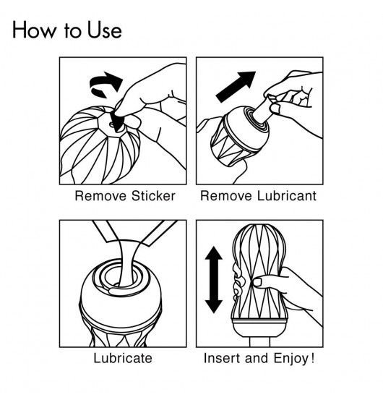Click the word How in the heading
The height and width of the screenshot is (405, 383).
point(34,30)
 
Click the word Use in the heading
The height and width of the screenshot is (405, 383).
point(105,30)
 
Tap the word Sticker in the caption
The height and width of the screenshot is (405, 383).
point(153,196)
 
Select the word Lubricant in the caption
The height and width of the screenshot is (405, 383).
point(287,195)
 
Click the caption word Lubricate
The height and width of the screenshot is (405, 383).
point(123,358)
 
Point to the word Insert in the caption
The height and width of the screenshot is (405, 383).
point(223,358)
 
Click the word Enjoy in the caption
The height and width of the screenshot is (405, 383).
point(291,359)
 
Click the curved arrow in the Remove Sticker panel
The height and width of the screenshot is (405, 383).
point(105,84)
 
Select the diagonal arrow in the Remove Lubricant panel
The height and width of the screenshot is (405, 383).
point(236,87)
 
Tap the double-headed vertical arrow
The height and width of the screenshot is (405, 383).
point(214,280)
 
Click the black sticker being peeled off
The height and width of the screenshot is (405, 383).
point(116,120)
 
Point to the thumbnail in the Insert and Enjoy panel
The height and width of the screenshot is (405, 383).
point(257,282)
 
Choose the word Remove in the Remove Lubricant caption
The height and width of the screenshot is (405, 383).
point(225,195)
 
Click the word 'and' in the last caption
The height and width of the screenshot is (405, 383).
point(257,358)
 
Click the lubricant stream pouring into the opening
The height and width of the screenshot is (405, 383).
point(127,263)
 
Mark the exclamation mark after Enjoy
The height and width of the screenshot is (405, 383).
point(313,358)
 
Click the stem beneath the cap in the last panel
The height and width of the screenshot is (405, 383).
point(259,342)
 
